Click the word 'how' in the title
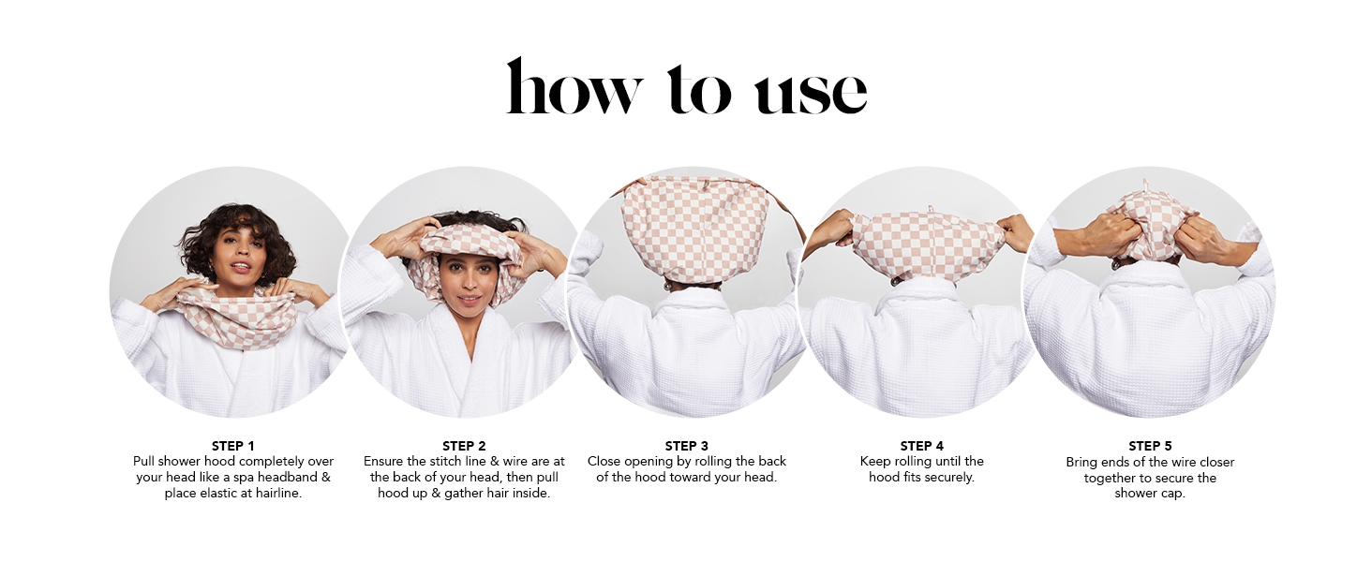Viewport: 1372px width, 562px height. pyautogui.click(x=574, y=86)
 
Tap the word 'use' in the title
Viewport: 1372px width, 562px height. pyautogui.click(x=811, y=93)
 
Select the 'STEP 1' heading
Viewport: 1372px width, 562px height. pyautogui.click(x=232, y=446)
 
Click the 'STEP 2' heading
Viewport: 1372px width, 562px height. pyautogui.click(x=464, y=446)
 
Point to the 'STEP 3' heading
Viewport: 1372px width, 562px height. pyautogui.click(x=686, y=446)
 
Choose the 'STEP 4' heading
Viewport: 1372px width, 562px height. pyautogui.click(x=921, y=446)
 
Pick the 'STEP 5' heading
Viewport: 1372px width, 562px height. pyautogui.click(x=1150, y=446)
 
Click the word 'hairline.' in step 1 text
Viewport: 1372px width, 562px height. pyautogui.click(x=278, y=493)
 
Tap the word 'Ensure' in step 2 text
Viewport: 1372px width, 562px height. pyautogui.click(x=383, y=461)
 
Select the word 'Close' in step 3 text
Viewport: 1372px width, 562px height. pyautogui.click(x=604, y=461)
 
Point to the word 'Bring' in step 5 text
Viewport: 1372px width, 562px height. pyautogui.click(x=1081, y=462)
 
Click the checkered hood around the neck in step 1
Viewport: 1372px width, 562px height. pyautogui.click(x=238, y=318)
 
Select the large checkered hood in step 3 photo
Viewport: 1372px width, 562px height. pyautogui.click(x=694, y=228)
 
